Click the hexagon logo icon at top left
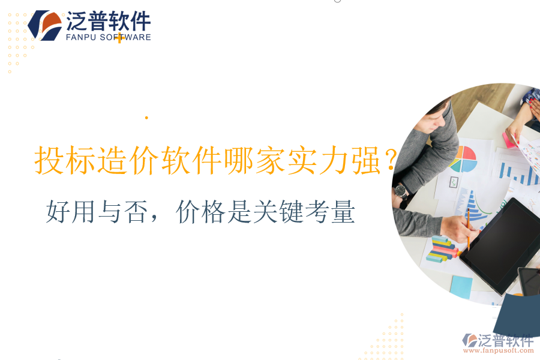click(x=45, y=25)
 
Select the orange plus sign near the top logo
click(x=119, y=38)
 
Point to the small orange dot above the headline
click(x=146, y=118)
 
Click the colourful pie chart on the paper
click(x=463, y=159)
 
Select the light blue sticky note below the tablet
click(x=461, y=286)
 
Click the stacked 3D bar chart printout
click(x=441, y=249)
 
